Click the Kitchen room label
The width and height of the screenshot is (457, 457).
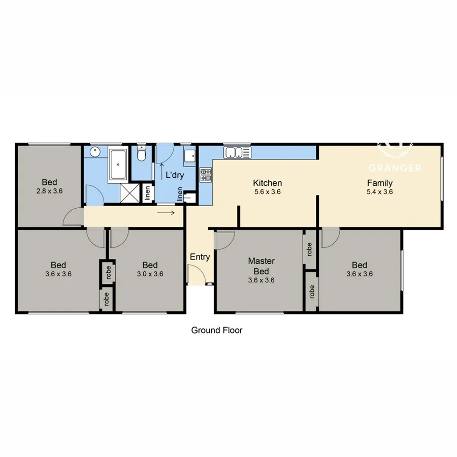267,183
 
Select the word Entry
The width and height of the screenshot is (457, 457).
200,257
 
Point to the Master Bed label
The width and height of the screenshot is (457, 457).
261,266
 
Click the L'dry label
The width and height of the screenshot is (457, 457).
174,176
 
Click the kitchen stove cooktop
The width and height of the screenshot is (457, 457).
206,175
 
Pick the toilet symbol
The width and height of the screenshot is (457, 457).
142,154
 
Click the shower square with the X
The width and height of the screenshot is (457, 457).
129,193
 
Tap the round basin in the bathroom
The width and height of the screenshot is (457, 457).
94,153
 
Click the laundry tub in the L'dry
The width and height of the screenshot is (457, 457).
189,156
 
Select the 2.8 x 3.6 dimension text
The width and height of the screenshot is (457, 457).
49,191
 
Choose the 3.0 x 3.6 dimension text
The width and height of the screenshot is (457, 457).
150,274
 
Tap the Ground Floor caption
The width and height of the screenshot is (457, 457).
217,330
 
